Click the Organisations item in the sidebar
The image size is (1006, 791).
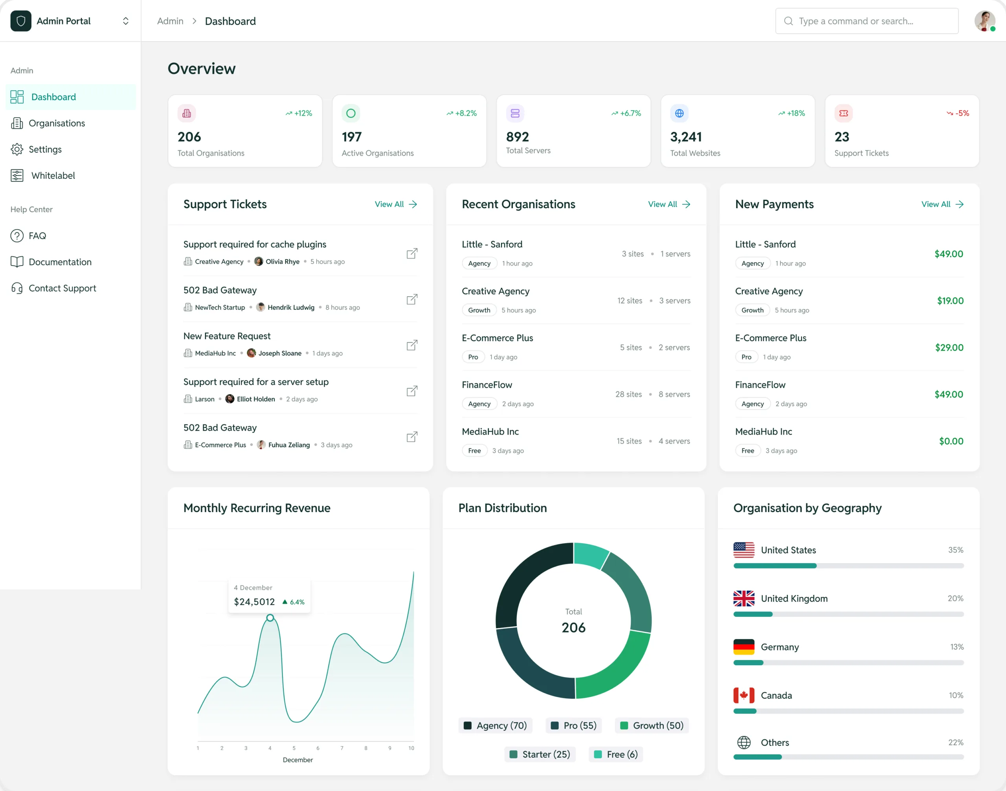point(57,123)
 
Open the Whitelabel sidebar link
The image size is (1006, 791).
point(53,176)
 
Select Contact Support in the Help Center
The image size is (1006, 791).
point(62,288)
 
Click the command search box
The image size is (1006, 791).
point(866,21)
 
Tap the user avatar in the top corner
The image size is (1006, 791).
point(984,21)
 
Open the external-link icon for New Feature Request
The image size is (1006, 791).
point(412,345)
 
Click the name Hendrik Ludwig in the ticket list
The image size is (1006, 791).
point(290,308)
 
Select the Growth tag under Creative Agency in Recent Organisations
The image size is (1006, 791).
point(479,310)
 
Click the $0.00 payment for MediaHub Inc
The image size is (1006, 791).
point(951,441)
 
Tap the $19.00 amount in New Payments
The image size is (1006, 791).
point(950,301)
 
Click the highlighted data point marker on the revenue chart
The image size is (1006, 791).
point(270,618)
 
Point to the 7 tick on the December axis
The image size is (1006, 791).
point(342,748)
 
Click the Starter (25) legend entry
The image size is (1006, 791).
point(540,754)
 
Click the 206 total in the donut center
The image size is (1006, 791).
point(573,628)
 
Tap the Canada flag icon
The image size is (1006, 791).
point(743,695)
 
